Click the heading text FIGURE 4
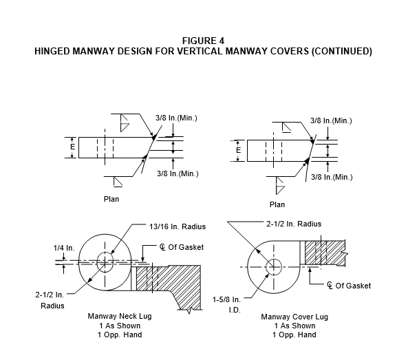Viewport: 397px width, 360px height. click(203, 41)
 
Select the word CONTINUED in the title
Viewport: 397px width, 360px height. click(341, 51)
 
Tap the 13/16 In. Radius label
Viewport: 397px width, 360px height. click(178, 226)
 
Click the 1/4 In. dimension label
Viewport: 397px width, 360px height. click(64, 248)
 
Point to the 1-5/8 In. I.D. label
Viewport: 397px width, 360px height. click(226, 305)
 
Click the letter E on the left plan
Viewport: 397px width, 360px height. click(73, 147)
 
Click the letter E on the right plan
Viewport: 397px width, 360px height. click(238, 151)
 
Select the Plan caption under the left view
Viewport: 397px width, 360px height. click(111, 199)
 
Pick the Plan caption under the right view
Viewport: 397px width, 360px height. click(277, 204)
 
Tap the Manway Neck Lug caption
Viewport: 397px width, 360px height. click(120, 316)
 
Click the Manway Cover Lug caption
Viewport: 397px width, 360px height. click(294, 317)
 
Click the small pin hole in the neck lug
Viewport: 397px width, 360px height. click(105, 262)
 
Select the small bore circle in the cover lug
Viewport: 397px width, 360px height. click(274, 267)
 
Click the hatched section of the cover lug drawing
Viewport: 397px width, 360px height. click(325, 253)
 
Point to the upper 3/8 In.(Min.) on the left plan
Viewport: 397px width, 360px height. click(176, 118)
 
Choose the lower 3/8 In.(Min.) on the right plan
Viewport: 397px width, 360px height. click(332, 177)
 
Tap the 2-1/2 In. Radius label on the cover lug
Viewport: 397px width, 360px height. click(294, 224)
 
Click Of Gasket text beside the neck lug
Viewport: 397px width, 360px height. click(186, 247)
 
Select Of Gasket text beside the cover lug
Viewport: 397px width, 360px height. click(353, 286)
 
